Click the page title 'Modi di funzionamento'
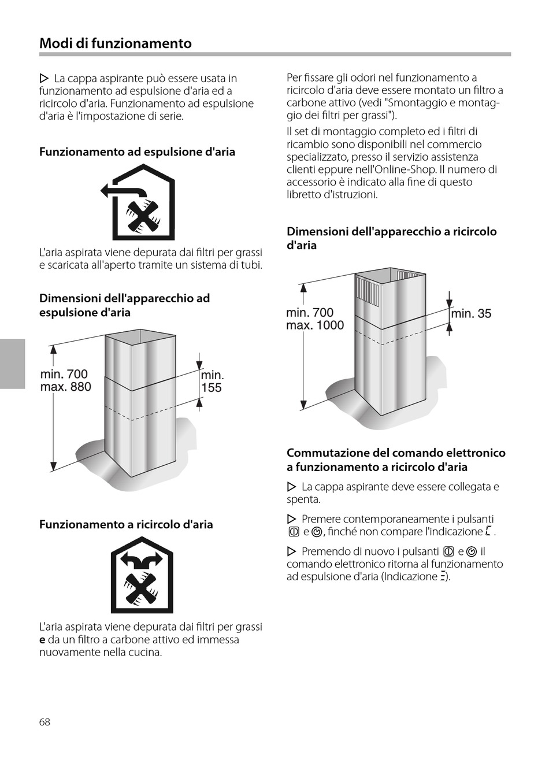pos(116,43)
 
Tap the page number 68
pos(44,721)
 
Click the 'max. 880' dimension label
pos(65,387)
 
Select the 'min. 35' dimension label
pos(471,314)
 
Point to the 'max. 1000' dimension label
pos(315,325)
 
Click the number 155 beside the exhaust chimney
pos(212,388)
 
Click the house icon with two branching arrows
pos(142,575)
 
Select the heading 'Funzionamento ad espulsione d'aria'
pos(137,152)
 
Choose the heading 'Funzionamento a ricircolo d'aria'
pos(126,525)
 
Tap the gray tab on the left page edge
pos(12,364)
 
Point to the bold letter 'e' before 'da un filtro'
pos(42,640)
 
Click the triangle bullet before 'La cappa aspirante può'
pos(44,78)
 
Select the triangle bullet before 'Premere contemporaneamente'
pos(292,519)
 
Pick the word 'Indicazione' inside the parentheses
pos(410,577)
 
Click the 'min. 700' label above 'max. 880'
pos(64,374)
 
